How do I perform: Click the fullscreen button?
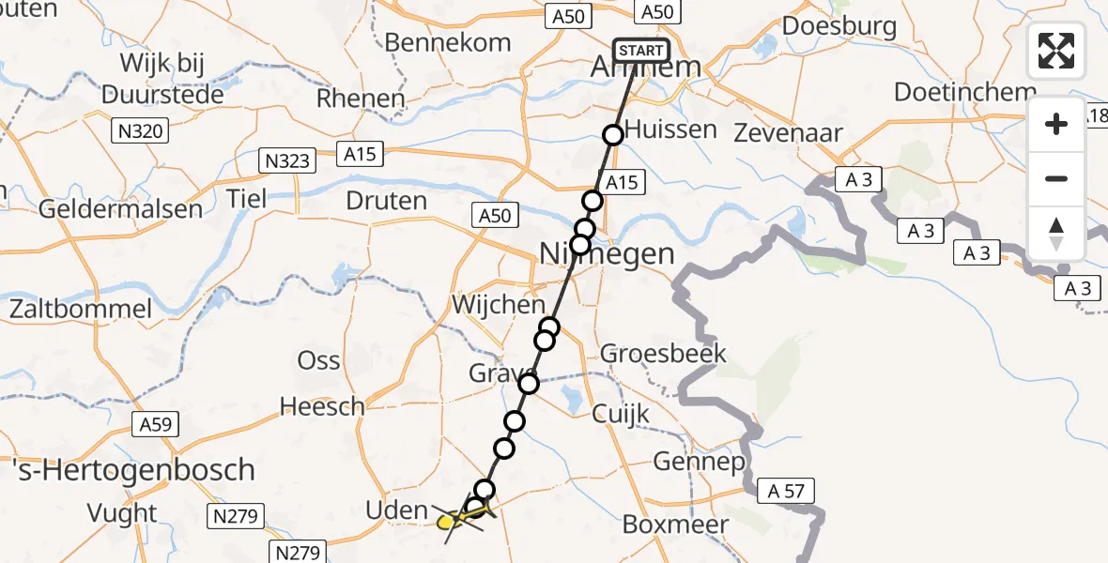pos(1056,51)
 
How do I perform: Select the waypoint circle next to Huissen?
pos(613,135)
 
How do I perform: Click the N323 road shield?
pos(285,161)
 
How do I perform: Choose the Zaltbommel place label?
pos(81,309)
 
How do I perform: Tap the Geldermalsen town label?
pos(120,208)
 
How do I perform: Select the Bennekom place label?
pos(448,42)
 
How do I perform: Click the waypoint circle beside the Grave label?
pos(529,383)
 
